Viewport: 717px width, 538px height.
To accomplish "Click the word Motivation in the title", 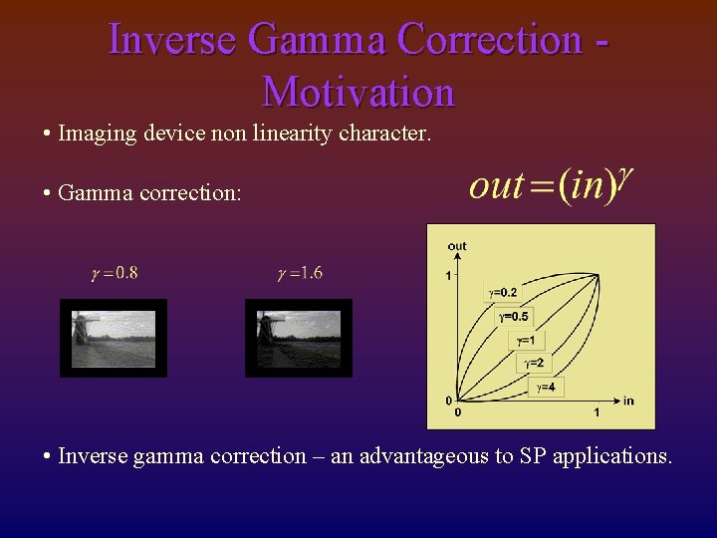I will point(358,92).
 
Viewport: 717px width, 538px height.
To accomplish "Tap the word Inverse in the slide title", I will point(171,40).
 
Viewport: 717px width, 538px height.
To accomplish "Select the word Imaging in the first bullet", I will point(93,133).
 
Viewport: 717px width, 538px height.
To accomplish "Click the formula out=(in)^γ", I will point(551,184).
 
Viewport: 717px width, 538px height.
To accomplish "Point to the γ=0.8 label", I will point(115,273).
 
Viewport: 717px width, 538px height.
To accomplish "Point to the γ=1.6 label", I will point(299,273).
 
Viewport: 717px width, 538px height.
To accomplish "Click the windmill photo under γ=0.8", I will point(114,339).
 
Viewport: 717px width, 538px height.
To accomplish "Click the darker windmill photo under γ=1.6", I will point(299,339).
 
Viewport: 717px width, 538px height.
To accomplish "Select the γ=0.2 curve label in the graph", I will point(502,292).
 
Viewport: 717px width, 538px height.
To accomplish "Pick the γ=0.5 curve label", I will point(514,316).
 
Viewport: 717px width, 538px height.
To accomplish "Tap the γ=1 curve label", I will point(526,340).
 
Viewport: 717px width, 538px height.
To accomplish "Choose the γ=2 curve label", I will point(536,364).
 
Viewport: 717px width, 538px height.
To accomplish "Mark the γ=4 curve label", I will point(545,387).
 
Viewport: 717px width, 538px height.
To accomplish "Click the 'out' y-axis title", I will point(457,246).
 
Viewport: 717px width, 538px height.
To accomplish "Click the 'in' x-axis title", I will point(628,401).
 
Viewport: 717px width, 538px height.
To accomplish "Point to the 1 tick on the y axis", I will point(449,275).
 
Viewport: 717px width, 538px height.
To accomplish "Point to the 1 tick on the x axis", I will point(597,411).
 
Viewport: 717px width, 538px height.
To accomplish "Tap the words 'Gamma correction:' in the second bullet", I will point(149,192).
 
